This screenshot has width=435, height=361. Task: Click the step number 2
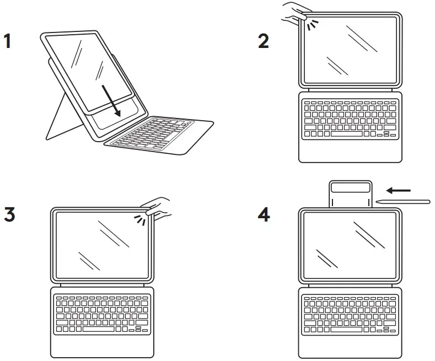click(264, 41)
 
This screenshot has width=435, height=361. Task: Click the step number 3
click(9, 214)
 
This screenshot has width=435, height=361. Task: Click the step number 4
click(265, 214)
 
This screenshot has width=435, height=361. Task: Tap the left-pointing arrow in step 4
click(398, 190)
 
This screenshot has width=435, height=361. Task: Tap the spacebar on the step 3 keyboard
click(99, 329)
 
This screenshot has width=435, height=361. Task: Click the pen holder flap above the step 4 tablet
click(350, 193)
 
